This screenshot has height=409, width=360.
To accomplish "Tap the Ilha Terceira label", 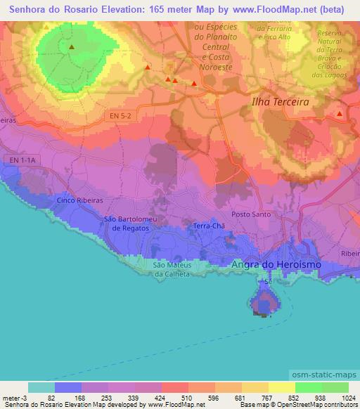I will coord(281,101).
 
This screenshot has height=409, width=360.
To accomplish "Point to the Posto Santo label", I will coord(251,214).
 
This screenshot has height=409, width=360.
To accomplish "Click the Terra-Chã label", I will coord(208,226).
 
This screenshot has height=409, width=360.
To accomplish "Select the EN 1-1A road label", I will coord(27,161).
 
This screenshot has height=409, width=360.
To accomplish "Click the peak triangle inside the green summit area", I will coord(72,47).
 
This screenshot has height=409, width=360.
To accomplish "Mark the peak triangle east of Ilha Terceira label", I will coord(340,113).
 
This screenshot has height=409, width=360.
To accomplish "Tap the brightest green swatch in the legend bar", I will coord(309,387).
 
